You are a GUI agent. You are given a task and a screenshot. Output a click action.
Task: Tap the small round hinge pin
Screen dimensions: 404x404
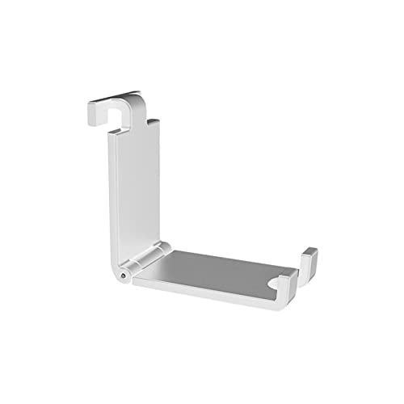(x=122, y=276)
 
